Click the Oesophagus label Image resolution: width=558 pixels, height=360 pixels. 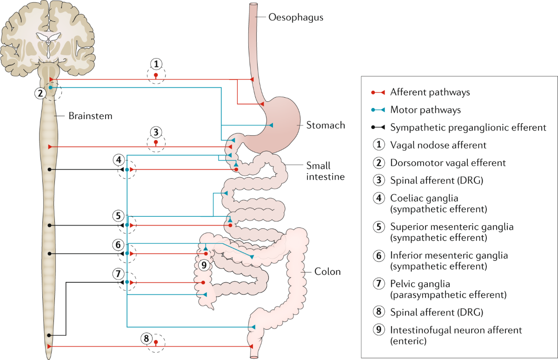(x=296, y=18)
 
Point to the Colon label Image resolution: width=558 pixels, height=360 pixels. (x=328, y=272)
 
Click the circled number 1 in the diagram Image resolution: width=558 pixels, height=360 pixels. (x=156, y=63)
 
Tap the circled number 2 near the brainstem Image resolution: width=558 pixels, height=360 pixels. (x=41, y=93)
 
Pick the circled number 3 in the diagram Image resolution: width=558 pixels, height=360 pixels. (x=156, y=131)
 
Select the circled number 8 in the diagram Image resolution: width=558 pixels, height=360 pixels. (x=147, y=339)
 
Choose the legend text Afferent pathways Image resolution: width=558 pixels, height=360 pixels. (x=430, y=92)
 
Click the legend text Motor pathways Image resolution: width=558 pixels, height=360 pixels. (x=425, y=110)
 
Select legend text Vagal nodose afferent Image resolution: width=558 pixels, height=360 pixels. (x=438, y=145)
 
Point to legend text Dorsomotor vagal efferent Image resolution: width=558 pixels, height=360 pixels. (x=448, y=163)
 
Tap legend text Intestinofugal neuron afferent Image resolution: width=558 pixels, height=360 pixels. (x=456, y=330)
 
